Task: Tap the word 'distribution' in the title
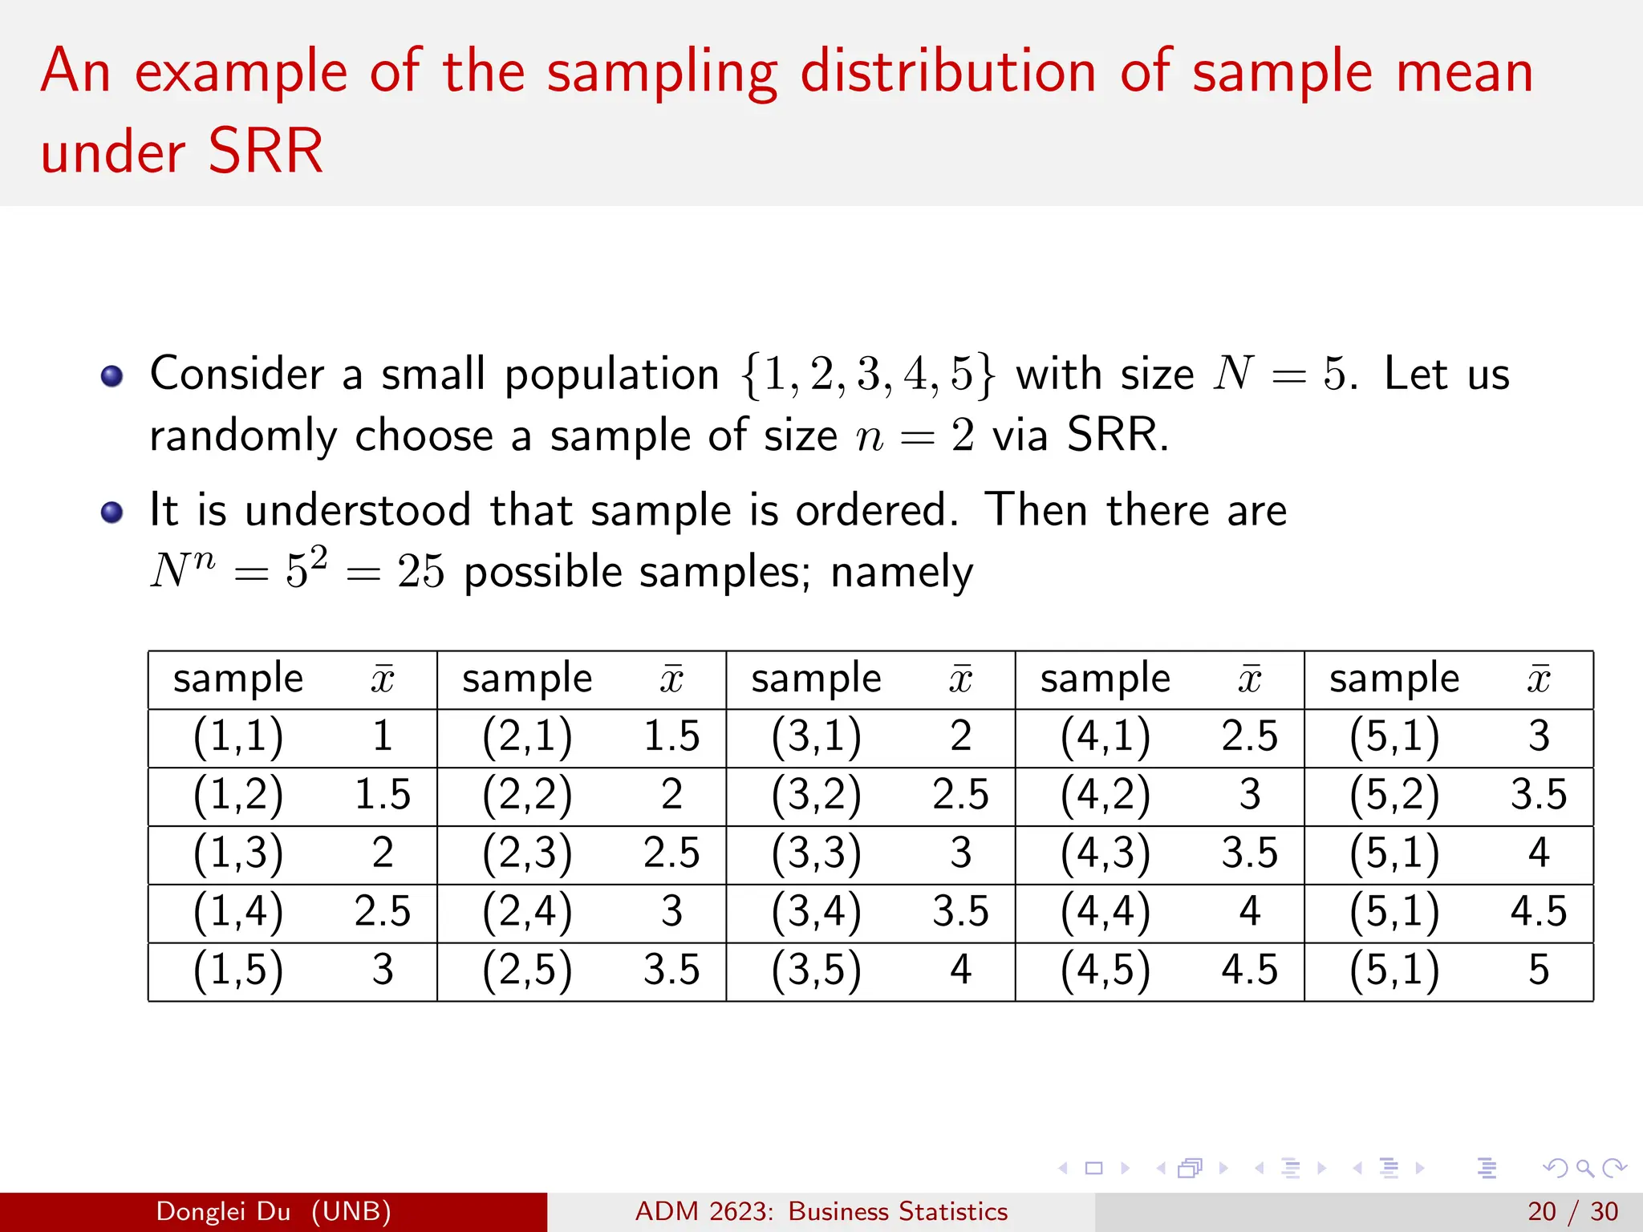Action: coord(947,72)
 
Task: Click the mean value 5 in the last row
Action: coord(1538,969)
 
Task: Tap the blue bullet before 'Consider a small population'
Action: coord(112,375)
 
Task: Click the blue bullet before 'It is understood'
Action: coord(112,512)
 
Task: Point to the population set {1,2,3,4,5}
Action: coord(867,375)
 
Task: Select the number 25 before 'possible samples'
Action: coord(420,572)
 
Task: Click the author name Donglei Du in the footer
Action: coord(223,1211)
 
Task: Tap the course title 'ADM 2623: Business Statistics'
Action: coord(821,1211)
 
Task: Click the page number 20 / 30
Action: coord(1572,1211)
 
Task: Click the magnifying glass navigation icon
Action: coord(1584,1169)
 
